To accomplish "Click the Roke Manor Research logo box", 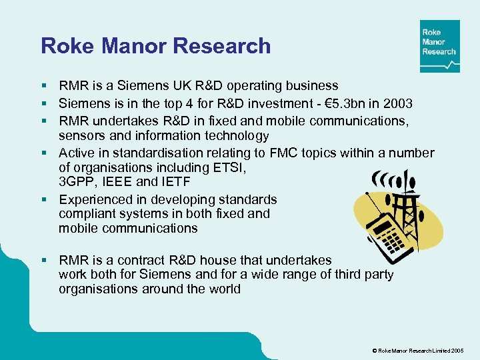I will (x=439, y=46).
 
